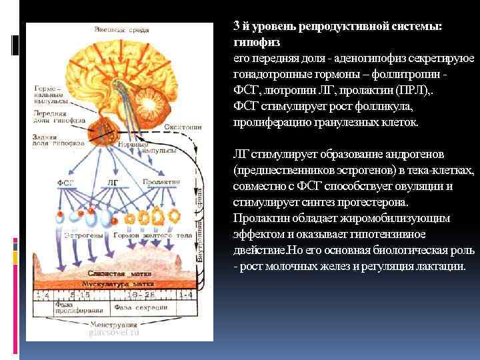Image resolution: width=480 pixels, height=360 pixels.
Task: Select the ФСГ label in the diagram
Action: pyautogui.click(x=65, y=181)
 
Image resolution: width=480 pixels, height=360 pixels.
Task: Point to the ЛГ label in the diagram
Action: pyautogui.click(x=113, y=181)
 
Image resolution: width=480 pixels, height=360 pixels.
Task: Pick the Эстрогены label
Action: pyautogui.click(x=82, y=235)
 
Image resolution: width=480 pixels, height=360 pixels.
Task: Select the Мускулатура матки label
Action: pyautogui.click(x=105, y=284)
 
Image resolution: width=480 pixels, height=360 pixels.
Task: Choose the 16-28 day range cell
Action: pyautogui.click(x=142, y=294)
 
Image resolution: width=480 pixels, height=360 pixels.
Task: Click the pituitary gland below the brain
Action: pyautogui.click(x=107, y=126)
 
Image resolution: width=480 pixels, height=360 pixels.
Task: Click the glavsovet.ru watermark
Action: pyautogui.click(x=114, y=333)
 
